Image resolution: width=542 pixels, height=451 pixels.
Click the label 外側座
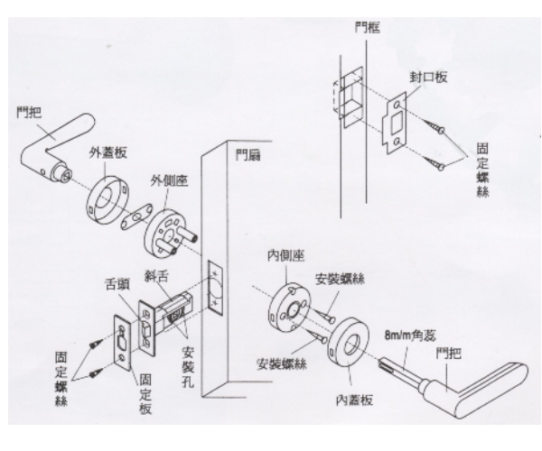pos(167,183)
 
